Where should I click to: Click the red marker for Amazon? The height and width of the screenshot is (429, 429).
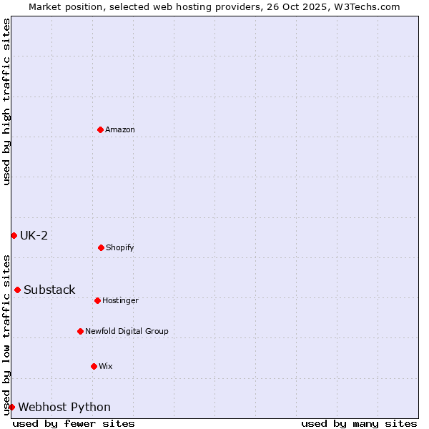coord(100,129)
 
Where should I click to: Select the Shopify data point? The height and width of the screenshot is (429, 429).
coord(101,247)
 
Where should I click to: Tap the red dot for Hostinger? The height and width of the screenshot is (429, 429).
coord(97,300)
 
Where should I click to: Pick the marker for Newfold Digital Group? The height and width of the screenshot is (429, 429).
coord(80,331)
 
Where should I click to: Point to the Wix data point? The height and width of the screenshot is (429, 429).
coord(94,366)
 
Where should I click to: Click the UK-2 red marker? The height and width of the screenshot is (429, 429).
coord(14,235)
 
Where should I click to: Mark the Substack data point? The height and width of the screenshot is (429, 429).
coord(17,290)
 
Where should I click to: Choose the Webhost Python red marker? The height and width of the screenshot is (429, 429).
coord(11,407)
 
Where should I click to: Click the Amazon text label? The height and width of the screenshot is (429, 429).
coord(120,129)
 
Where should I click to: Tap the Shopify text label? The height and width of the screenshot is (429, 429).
coord(119,247)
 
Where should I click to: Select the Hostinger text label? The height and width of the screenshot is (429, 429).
coord(120,300)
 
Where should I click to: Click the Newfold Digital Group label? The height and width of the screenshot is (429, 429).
coord(127,331)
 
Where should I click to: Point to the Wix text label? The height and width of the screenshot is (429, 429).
coord(106,366)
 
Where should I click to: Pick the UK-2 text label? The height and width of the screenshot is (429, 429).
coord(34,235)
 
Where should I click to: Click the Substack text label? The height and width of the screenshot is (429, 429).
coord(49,290)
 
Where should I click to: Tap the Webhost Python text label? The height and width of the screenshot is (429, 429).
coord(64,407)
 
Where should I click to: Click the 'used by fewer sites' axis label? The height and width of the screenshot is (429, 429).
coord(74,423)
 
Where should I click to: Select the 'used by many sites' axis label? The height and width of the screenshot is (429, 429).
coord(359,423)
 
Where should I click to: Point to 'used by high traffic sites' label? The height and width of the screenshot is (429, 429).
coord(6,101)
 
